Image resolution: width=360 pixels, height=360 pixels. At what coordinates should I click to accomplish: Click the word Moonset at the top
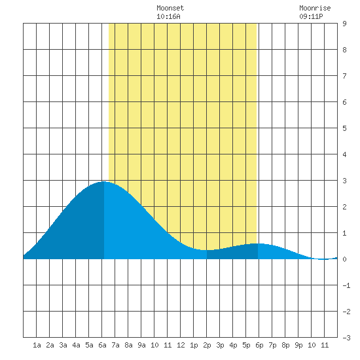(x=170, y=8)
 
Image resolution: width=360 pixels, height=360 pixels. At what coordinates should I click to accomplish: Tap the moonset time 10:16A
(x=168, y=16)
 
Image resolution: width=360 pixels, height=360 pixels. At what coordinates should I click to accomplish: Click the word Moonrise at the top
(x=315, y=8)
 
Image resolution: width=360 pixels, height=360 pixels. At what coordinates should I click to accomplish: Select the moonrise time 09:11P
(x=311, y=16)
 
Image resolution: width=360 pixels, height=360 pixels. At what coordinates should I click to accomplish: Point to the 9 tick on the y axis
(x=344, y=24)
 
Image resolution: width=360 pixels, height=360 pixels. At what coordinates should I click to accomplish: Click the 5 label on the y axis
(x=344, y=128)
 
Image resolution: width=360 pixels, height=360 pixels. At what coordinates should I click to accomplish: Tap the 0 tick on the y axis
(x=344, y=259)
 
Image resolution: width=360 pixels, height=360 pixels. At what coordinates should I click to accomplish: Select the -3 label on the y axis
(x=346, y=338)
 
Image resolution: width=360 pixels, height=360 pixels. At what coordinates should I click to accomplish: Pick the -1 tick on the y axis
(x=346, y=285)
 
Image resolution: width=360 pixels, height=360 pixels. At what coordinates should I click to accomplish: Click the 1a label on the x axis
(x=37, y=345)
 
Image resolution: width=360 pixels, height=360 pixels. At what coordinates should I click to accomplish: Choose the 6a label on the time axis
(x=102, y=345)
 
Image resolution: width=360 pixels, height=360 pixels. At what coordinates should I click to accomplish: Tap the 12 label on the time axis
(x=181, y=345)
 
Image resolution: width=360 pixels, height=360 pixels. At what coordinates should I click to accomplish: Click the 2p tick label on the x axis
(x=207, y=345)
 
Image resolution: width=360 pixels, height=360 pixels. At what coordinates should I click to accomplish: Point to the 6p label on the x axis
(x=259, y=345)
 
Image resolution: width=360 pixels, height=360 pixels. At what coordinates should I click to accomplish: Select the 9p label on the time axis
(x=298, y=345)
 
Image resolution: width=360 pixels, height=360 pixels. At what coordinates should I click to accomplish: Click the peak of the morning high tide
(x=104, y=181)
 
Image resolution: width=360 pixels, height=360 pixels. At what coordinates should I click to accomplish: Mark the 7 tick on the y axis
(x=344, y=76)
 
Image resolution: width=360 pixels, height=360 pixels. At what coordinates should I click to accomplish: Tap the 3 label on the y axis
(x=344, y=181)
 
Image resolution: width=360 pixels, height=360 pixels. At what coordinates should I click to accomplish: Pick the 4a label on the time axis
(x=76, y=345)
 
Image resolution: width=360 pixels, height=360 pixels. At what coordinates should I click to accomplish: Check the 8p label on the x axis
(x=285, y=345)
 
